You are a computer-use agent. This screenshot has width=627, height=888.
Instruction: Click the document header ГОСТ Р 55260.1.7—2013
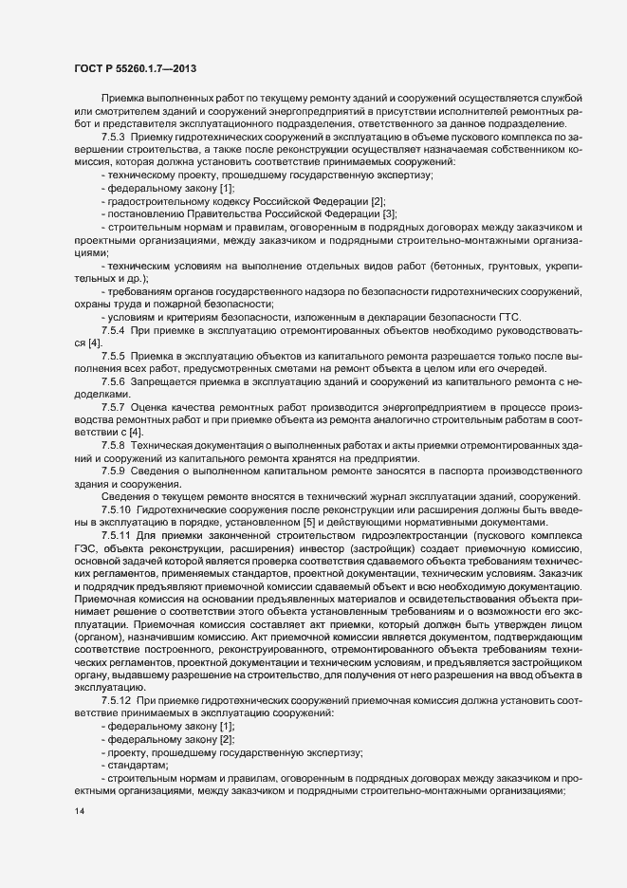135,69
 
